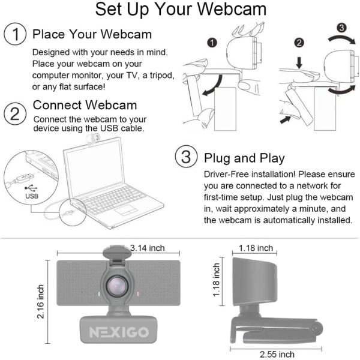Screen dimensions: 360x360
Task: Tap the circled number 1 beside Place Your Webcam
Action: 15,34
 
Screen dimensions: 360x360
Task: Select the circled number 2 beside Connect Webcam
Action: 15,112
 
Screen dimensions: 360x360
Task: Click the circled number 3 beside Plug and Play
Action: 186,158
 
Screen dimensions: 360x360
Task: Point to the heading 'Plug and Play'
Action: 244,158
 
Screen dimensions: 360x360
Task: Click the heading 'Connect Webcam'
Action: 85,106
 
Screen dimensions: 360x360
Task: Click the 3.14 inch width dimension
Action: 147,248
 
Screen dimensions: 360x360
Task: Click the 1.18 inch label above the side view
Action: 256,247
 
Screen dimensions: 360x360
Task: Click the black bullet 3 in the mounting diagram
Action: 341,28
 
